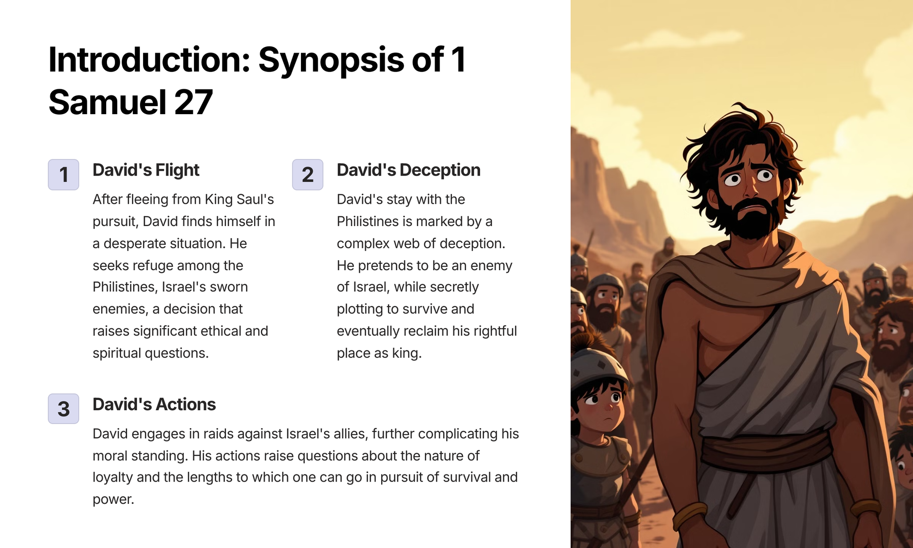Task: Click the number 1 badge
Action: point(63,174)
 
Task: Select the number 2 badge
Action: point(308,174)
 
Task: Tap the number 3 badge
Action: point(63,408)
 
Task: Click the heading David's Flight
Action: point(146,170)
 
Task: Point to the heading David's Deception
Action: point(408,170)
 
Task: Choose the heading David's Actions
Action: point(154,404)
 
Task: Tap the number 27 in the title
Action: point(193,102)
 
